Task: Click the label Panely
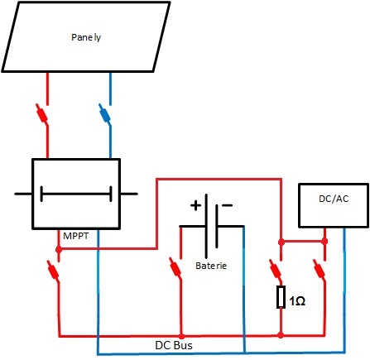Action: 86,37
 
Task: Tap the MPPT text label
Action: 76,236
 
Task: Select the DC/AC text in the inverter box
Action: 334,199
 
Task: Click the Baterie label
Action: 211,266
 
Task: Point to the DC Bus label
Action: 174,345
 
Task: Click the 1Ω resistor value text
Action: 297,301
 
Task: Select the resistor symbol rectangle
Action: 281,297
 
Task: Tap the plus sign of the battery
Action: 195,205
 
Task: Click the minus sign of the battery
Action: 227,205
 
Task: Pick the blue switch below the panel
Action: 105,113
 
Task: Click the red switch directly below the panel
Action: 42,113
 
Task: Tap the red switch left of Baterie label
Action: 175,267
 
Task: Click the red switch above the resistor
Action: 276,269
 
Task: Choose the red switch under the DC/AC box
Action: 319,269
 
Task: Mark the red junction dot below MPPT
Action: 59,250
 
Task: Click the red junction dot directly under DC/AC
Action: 324,242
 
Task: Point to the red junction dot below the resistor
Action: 281,335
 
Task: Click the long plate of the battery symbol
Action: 206,226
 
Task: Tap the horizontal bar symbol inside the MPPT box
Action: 76,194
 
